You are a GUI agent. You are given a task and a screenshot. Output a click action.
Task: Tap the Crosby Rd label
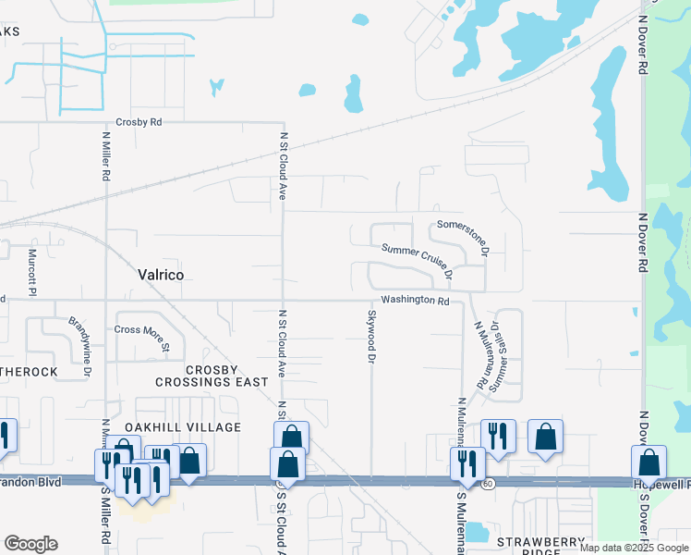(x=139, y=122)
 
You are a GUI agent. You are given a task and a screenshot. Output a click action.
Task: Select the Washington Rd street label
(x=414, y=301)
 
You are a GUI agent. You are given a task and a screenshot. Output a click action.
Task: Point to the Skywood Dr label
(x=372, y=335)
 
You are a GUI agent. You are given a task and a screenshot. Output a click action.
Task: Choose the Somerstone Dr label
(x=461, y=237)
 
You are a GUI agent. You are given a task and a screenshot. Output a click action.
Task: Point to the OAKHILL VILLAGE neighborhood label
(x=188, y=427)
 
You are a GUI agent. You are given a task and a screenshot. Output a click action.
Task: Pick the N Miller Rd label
(x=106, y=154)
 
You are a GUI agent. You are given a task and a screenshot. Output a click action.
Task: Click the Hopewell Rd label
(x=661, y=484)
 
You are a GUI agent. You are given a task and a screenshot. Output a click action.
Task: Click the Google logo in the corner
(x=30, y=544)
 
